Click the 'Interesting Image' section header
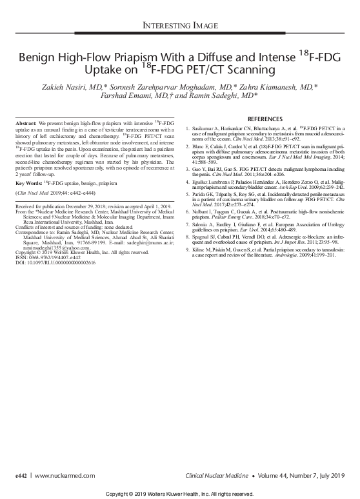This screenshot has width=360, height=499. [x=179, y=26]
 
